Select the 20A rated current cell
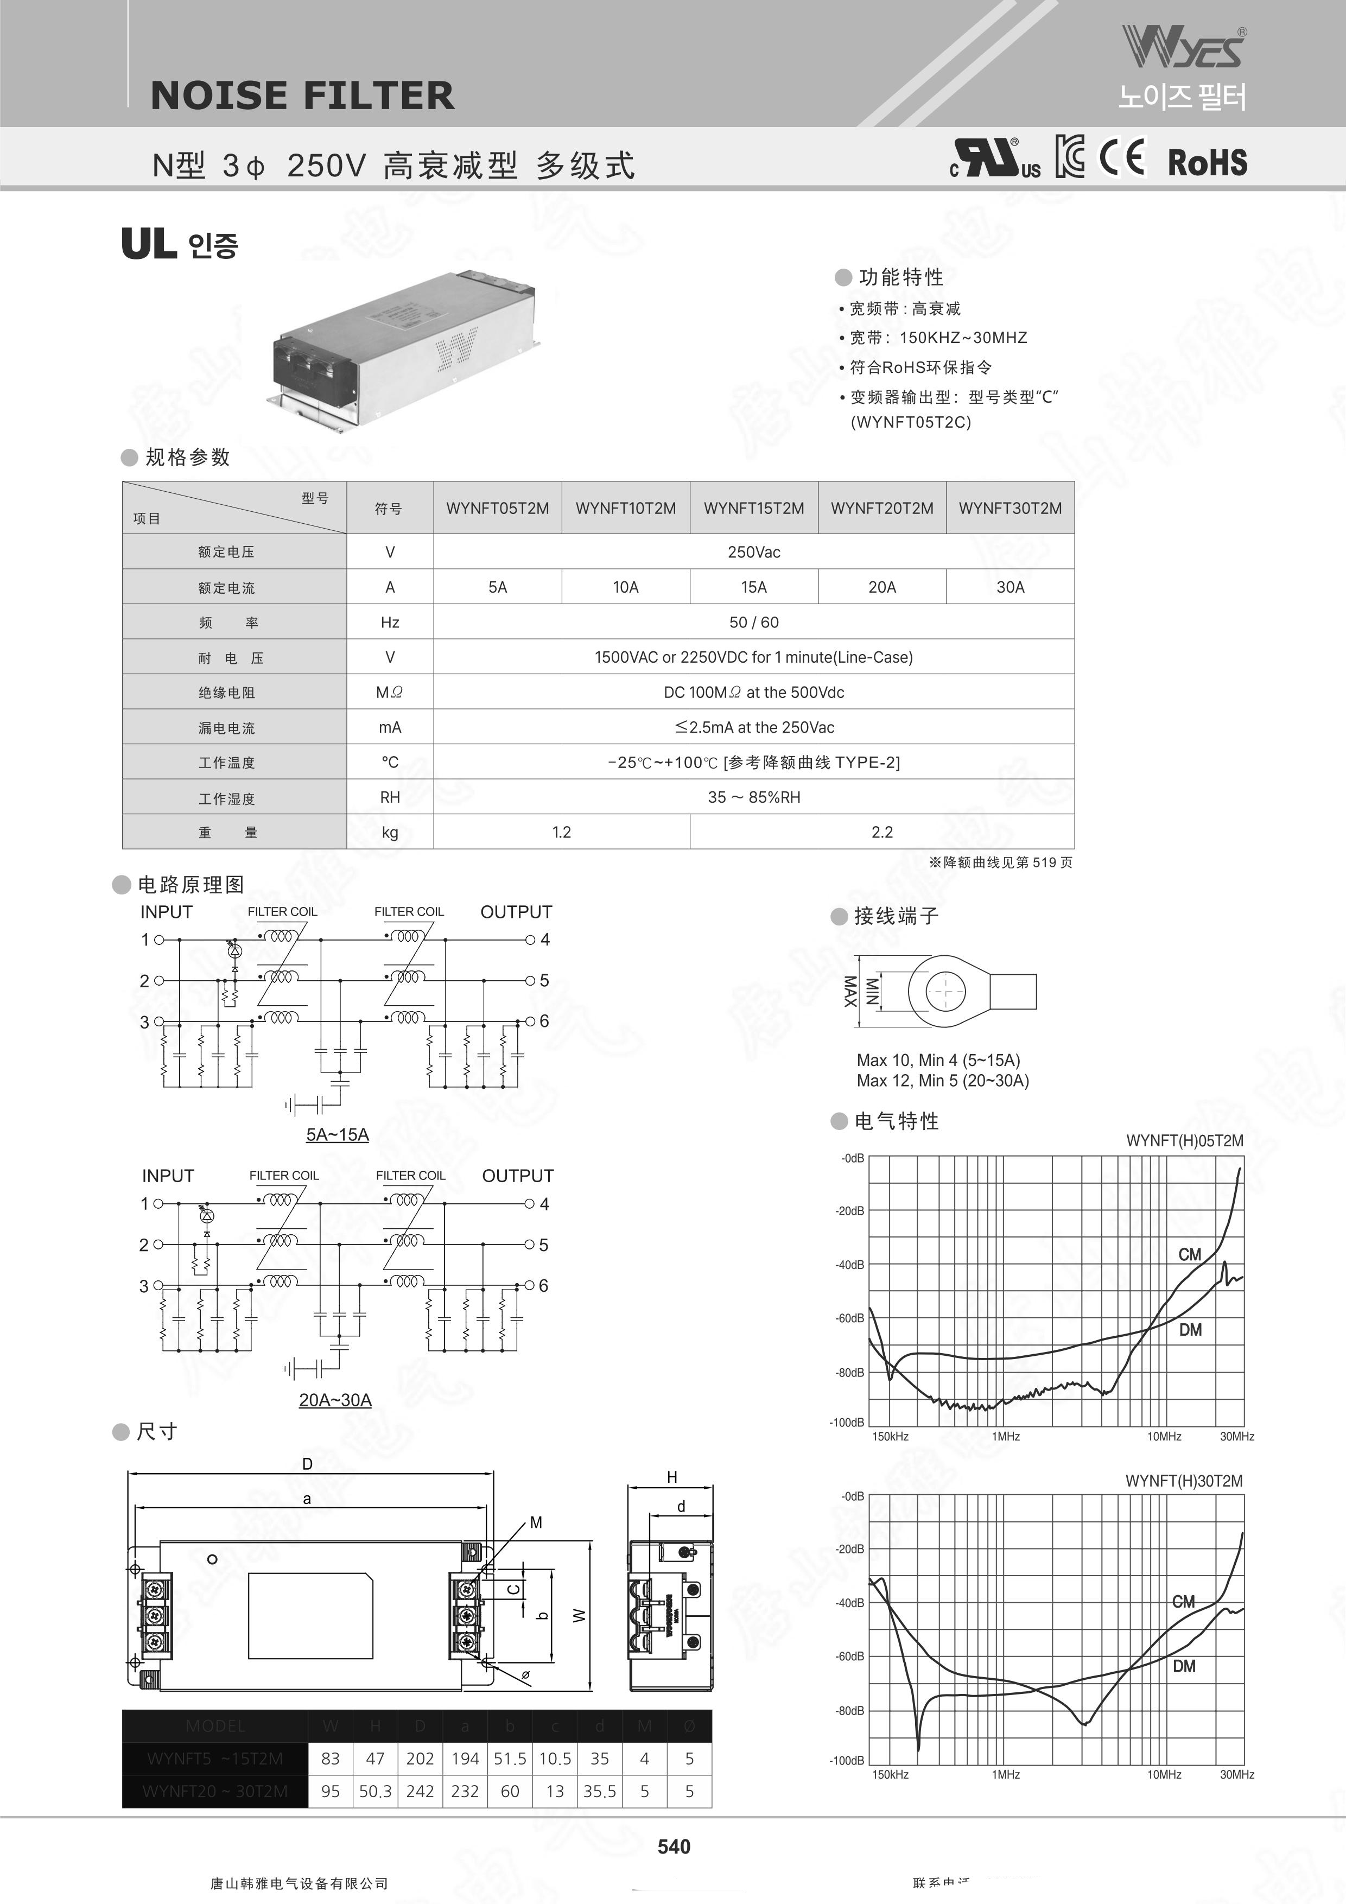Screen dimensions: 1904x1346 tap(881, 587)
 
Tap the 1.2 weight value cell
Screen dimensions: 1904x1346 tap(561, 832)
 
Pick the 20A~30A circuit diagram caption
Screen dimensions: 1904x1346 tap(335, 1400)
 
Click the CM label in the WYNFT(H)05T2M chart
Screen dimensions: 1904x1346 tap(1189, 1255)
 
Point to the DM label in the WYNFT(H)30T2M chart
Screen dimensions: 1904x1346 tap(1184, 1666)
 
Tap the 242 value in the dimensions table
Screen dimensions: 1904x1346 tap(420, 1791)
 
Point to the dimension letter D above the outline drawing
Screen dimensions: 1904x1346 tap(307, 1464)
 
